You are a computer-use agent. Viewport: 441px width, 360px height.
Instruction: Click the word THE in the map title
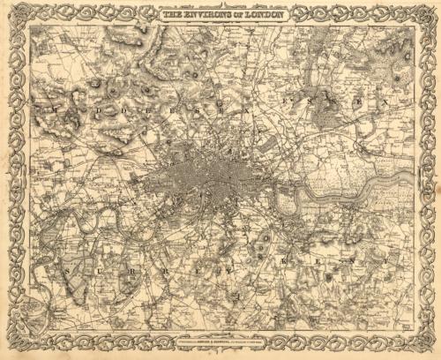[x=169, y=13]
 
